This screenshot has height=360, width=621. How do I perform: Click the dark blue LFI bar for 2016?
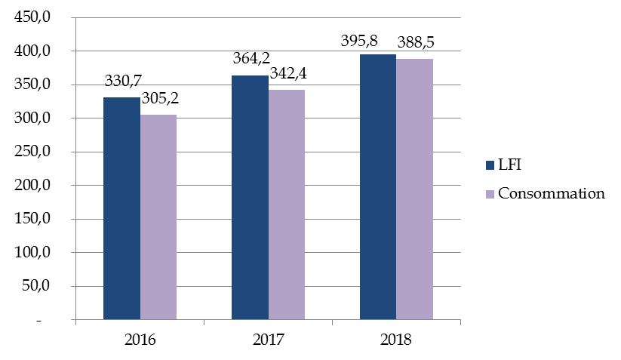pos(121,208)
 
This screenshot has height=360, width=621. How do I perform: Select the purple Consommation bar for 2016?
pos(158,217)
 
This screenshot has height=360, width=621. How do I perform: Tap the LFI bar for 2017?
pos(250,198)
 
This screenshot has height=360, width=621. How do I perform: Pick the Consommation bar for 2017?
pos(287,205)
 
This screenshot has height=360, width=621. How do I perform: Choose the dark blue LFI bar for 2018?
pos(378,187)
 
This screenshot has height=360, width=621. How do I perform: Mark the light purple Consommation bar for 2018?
pos(415,189)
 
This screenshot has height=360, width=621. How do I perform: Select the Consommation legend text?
pos(551,193)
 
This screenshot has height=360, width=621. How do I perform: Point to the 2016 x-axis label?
pos(140,339)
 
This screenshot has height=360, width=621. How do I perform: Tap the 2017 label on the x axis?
pos(268,339)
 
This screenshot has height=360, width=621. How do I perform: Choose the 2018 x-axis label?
pos(396,339)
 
